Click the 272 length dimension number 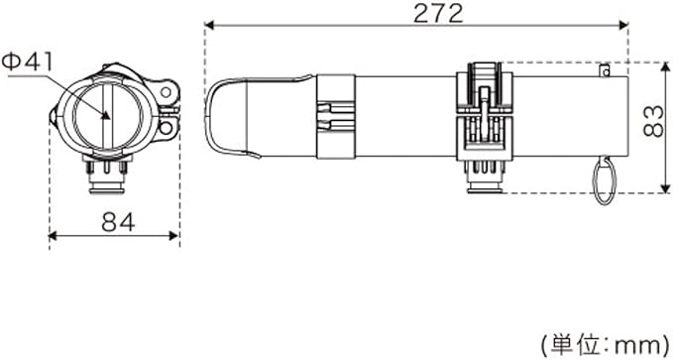(x=439, y=13)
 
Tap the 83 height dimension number (x=654, y=122)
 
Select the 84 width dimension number (x=118, y=222)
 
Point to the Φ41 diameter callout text (x=27, y=62)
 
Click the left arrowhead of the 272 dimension (x=209, y=26)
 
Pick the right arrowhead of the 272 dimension (x=623, y=26)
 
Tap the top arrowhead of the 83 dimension (x=665, y=67)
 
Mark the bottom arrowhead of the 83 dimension (x=665, y=188)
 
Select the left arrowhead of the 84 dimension (x=54, y=235)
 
